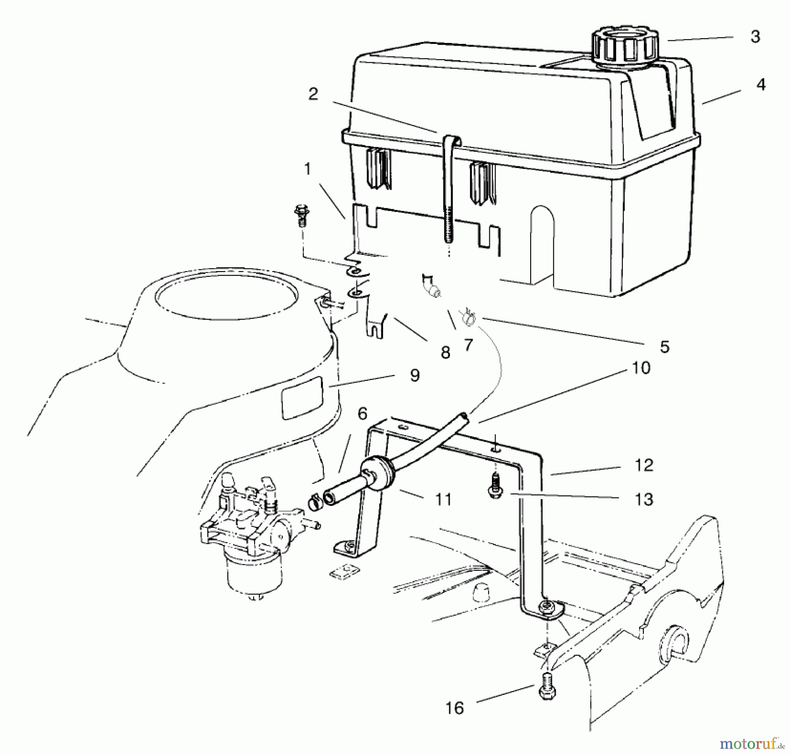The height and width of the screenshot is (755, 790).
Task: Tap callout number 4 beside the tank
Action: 761,85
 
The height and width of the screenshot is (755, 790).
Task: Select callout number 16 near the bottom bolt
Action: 455,708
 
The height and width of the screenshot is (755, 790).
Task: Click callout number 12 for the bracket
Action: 644,465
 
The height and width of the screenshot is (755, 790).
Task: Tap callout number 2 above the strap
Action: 313,94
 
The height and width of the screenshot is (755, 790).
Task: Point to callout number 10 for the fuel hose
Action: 641,368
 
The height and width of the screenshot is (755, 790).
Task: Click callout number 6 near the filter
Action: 362,413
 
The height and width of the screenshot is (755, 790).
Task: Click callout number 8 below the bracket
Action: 445,352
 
